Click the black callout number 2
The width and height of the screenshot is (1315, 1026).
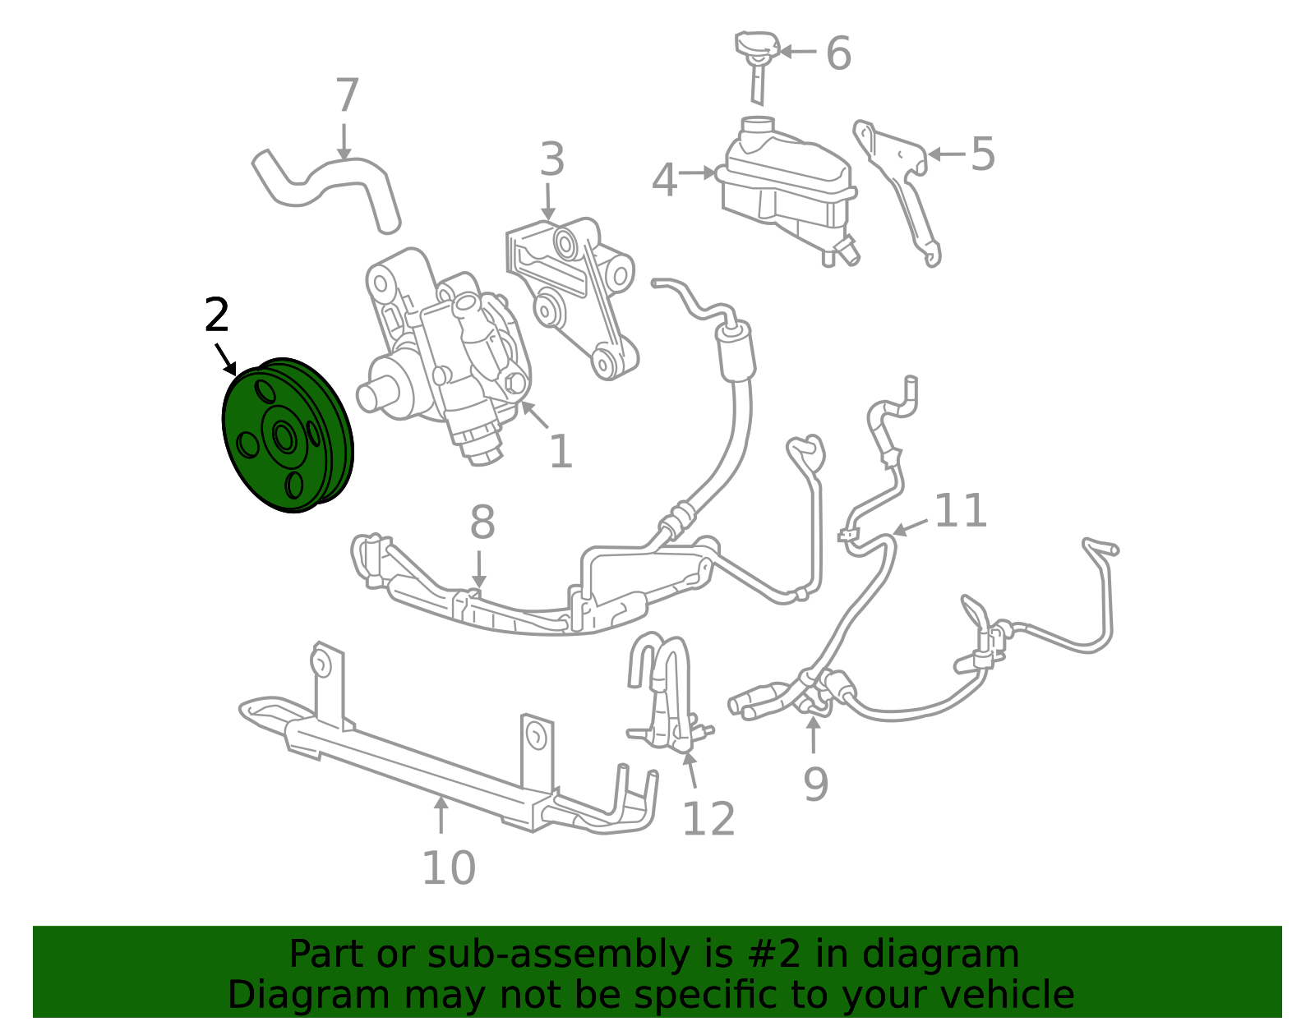pyautogui.click(x=217, y=315)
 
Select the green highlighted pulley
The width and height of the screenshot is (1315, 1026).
pyautogui.click(x=288, y=435)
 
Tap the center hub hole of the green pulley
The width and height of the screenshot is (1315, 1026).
pyautogui.click(x=284, y=436)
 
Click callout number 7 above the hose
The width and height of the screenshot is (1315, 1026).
pyautogui.click(x=347, y=95)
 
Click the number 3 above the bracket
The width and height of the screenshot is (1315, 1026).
pyautogui.click(x=552, y=159)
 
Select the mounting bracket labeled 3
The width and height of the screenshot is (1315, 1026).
pyautogui.click(x=572, y=297)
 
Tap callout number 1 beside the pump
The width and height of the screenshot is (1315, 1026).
pyautogui.click(x=561, y=451)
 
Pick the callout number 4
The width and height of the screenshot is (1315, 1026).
pyautogui.click(x=664, y=180)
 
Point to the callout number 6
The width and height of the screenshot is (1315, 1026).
pyautogui.click(x=839, y=53)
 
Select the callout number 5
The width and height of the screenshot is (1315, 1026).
pyautogui.click(x=983, y=154)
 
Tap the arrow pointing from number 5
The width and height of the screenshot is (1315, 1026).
pyautogui.click(x=947, y=154)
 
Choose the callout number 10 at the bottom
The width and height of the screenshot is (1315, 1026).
pyautogui.click(x=449, y=868)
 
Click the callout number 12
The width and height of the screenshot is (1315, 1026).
pyautogui.click(x=708, y=819)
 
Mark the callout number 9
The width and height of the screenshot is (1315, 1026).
pyautogui.click(x=815, y=784)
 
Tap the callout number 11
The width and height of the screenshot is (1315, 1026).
pyautogui.click(x=961, y=510)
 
